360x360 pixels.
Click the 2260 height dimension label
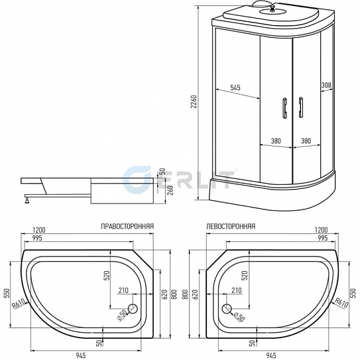[194, 101]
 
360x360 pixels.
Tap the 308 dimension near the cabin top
[326, 85]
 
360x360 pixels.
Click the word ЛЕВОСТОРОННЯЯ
[230, 226]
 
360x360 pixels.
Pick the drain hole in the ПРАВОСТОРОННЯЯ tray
[132, 308]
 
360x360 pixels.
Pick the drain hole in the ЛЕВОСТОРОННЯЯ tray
[227, 308]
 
